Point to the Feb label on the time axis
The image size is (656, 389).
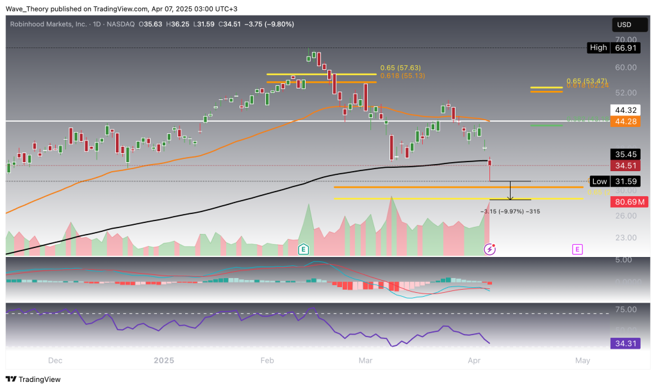267,361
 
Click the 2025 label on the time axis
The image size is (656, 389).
164,361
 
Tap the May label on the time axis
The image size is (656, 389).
582,361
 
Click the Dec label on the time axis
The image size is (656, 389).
56,361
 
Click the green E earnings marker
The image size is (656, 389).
304,249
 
